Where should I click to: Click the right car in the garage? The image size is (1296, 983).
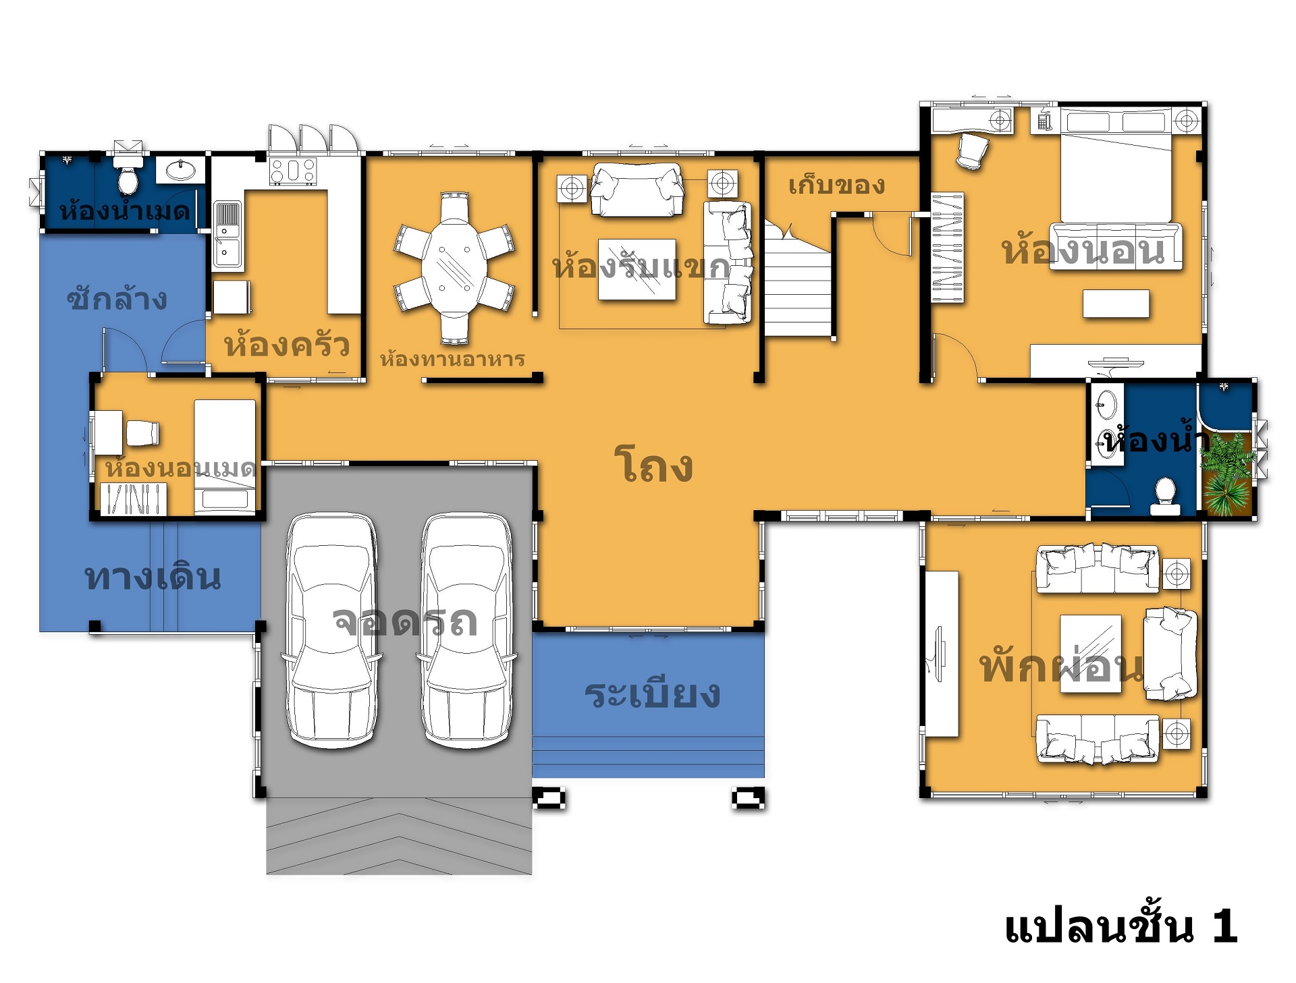click(x=467, y=630)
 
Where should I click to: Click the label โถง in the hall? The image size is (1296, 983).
click(x=653, y=465)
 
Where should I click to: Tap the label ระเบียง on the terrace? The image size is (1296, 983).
click(x=652, y=694)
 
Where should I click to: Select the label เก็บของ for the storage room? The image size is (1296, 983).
click(x=836, y=185)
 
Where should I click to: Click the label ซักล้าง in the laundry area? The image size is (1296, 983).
click(x=117, y=298)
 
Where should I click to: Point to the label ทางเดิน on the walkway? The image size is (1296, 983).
click(x=153, y=577)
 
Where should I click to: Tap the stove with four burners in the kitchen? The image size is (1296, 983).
click(x=293, y=171)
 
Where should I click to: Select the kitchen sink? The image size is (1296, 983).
click(x=226, y=234)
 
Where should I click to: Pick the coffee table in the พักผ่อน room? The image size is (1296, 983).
click(x=1091, y=654)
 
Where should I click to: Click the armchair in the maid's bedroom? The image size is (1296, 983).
click(x=142, y=433)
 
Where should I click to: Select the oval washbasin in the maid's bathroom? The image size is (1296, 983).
click(x=179, y=170)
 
